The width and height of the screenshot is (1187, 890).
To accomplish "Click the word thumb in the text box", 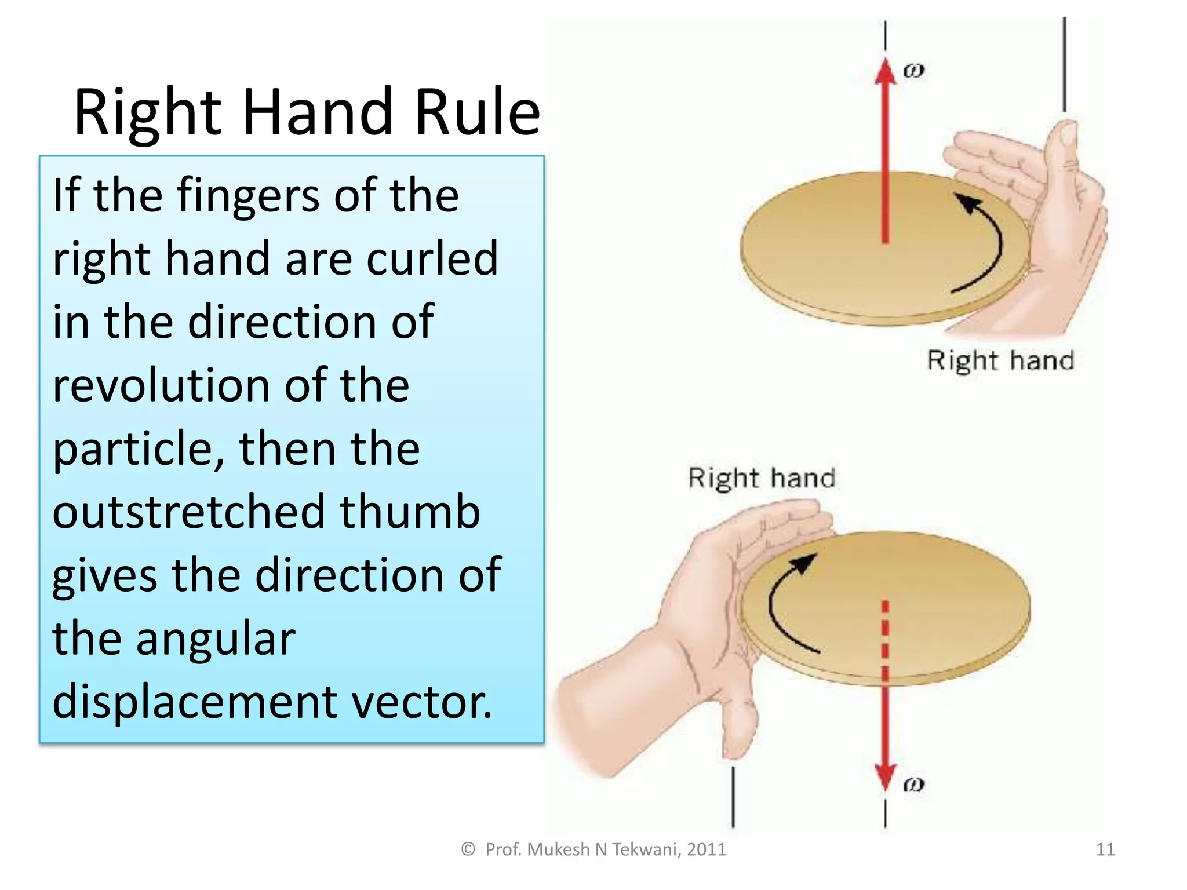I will (410, 512).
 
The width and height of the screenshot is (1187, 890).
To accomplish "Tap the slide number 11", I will (1105, 849).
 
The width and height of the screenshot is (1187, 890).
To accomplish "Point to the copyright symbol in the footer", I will (468, 849).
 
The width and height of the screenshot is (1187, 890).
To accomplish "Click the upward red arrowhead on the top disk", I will (885, 72).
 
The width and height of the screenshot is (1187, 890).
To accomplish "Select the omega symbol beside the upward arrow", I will (913, 71).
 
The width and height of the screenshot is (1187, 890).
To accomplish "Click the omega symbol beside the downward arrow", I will (913, 785).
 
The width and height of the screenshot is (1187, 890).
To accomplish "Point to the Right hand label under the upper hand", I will (1000, 360).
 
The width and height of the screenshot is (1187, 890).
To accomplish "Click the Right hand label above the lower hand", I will (762, 479).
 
